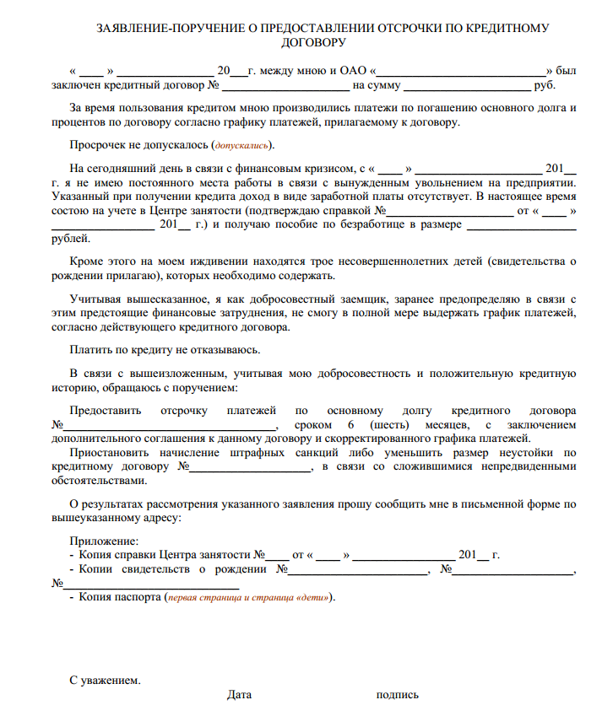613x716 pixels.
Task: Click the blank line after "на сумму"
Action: [467, 85]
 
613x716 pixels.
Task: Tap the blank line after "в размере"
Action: [521, 225]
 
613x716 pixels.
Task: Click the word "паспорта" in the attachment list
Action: [140, 597]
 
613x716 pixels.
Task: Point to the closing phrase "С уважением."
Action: [105, 680]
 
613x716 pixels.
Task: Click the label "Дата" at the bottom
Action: [239, 695]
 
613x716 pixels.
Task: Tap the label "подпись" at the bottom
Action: [397, 695]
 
